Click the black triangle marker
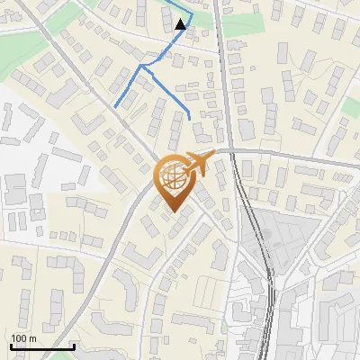pos(181,24)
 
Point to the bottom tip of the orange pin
pos(173,212)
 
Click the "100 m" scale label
pos(23,338)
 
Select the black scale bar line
pos(41,346)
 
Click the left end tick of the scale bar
pos(10,346)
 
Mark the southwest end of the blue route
pos(115,107)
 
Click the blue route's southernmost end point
pos(190,118)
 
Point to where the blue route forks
pos(141,66)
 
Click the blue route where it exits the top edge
pos(167,1)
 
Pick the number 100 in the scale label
pos(19,338)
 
